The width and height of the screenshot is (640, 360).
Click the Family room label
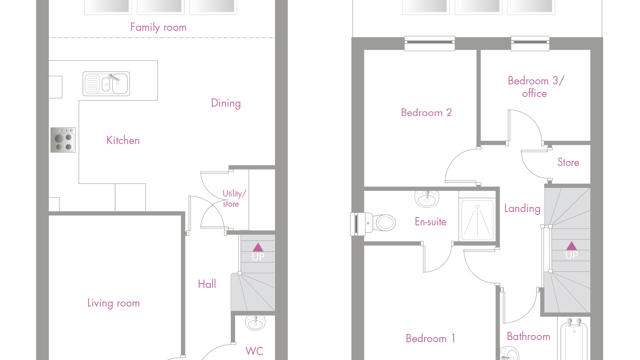coord(160,27)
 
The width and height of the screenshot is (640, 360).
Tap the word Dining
coord(225,103)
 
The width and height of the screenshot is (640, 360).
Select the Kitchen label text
coord(123,141)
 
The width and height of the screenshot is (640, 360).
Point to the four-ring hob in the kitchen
coord(62,141)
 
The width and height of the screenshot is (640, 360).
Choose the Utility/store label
coord(231,198)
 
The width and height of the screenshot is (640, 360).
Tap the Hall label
coord(207,284)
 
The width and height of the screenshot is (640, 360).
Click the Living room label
coord(114,303)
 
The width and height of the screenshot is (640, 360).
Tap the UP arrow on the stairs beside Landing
coord(571,250)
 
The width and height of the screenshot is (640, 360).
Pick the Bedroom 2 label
coord(426,113)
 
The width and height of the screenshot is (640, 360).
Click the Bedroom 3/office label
coord(535,87)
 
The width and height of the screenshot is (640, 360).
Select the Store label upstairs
coord(567,162)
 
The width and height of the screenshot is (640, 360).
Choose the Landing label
coord(522,209)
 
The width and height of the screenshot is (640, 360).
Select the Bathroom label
coord(528,337)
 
